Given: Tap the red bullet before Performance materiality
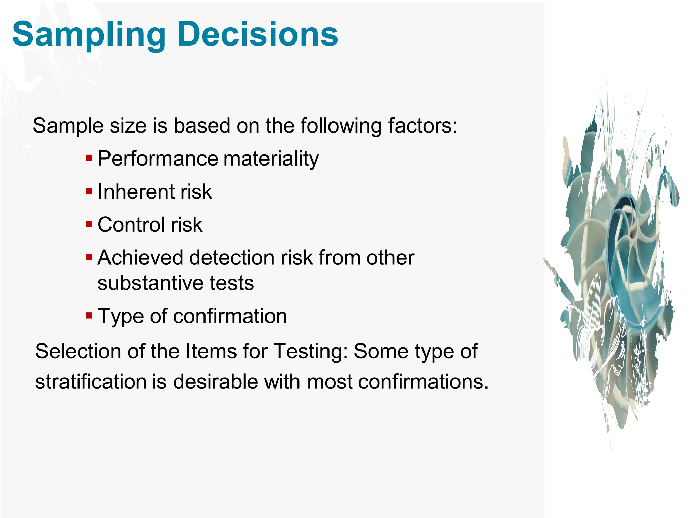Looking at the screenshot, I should pyautogui.click(x=89, y=158).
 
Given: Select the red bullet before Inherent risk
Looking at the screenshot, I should pyautogui.click(x=89, y=192).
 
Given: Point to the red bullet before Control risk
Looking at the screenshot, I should pyautogui.click(x=89, y=224).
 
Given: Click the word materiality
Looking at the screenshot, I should pyautogui.click(x=271, y=159).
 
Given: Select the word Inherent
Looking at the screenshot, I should pyautogui.click(x=136, y=192).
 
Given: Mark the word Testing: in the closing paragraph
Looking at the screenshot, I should pyautogui.click(x=310, y=351).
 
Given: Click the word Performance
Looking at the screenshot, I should pyautogui.click(x=158, y=159).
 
